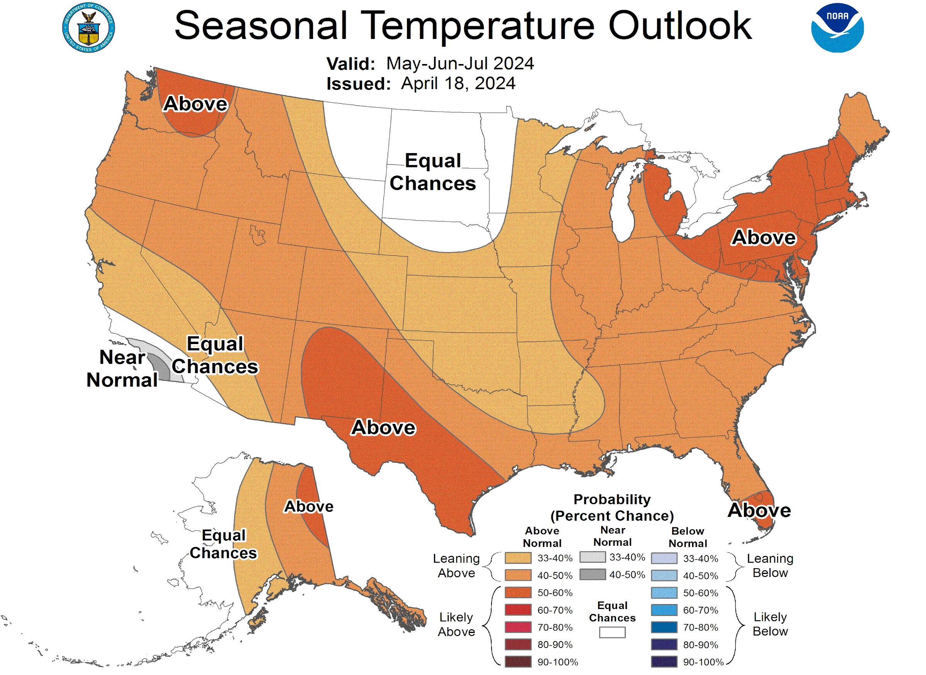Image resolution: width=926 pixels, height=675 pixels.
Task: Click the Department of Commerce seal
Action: coord(89,28)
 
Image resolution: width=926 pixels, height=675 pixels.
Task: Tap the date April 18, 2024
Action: coord(458,83)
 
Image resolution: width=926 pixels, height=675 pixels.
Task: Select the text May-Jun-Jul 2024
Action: coord(460,64)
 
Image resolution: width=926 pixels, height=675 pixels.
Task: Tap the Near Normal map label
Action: coord(122,369)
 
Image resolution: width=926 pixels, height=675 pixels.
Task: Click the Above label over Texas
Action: coord(383,427)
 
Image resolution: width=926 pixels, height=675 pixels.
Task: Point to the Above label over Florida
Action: coord(759,510)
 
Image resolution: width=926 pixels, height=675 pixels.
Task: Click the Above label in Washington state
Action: coord(195,104)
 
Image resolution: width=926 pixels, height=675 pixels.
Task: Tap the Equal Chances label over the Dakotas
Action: coord(433,172)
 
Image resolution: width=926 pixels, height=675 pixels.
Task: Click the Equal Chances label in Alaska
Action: coord(223,544)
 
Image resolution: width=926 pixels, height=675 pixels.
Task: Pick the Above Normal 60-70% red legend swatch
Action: coord(518,610)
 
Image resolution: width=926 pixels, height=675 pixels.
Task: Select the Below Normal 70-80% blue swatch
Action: coord(664,627)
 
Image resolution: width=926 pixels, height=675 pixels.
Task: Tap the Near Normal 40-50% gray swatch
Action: coord(592,574)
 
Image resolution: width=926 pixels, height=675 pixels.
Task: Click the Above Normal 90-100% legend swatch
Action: coord(518,661)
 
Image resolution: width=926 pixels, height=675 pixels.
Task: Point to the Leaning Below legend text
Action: coord(770,565)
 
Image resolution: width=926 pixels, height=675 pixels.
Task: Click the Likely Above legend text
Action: coord(456,624)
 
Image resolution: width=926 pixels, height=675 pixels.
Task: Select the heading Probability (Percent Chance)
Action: coord(612,508)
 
